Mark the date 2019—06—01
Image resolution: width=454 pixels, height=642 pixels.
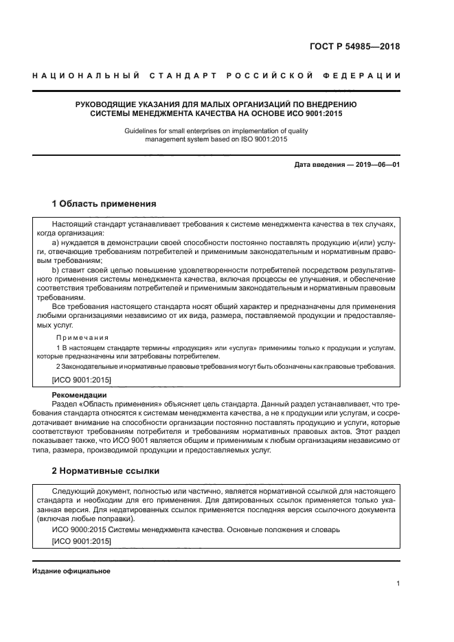point(377,165)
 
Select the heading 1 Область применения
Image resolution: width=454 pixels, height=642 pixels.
point(104,204)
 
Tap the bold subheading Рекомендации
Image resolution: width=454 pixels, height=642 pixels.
point(80,395)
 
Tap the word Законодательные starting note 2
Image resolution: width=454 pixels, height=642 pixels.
point(88,367)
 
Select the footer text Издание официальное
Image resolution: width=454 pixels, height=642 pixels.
point(71,571)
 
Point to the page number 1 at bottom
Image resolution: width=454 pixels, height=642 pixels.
point(398,584)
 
